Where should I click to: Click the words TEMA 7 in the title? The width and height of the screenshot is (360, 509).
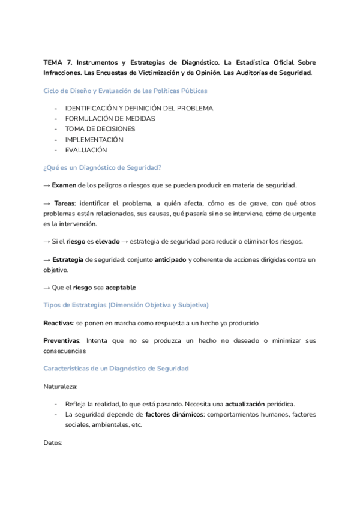pos(57,62)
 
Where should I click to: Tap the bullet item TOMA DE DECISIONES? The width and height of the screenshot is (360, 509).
pos(100,129)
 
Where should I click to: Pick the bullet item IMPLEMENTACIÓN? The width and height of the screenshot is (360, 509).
pos(94,140)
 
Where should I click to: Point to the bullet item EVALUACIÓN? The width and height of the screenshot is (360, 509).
pos(86,150)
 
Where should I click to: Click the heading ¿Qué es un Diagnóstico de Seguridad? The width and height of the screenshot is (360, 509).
pos(103,167)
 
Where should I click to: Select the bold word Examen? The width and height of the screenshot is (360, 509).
pos(64,185)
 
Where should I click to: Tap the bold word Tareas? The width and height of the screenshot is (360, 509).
pos(66,203)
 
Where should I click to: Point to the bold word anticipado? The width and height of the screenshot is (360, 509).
pos(170,259)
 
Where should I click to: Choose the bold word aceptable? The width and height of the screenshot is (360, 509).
pos(125,288)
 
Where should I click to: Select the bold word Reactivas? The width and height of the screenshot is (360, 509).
pos(58,323)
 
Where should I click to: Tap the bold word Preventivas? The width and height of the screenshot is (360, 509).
pos(61,340)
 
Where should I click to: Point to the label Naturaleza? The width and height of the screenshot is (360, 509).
pos(61,386)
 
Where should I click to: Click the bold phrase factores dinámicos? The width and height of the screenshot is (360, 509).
pos(173,414)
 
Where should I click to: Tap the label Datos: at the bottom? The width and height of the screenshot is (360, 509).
pos(53,442)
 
